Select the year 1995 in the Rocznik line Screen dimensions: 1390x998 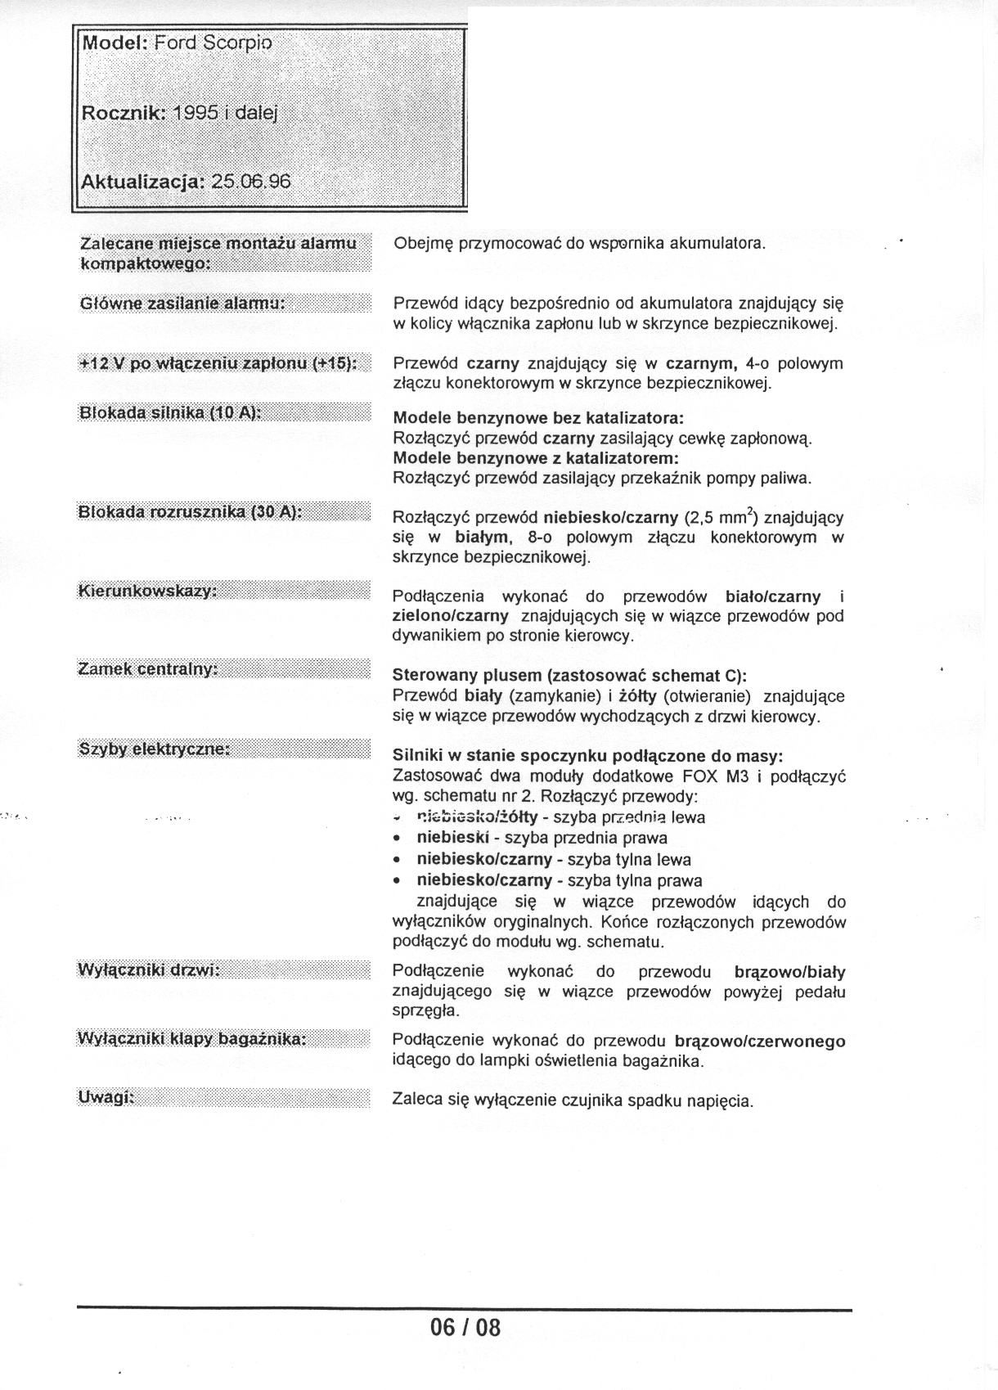click(194, 113)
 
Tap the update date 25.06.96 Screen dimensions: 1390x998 click(250, 181)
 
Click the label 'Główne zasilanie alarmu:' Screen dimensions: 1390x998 click(182, 304)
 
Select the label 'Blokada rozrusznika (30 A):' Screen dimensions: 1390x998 click(190, 512)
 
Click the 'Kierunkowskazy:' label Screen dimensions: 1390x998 click(147, 591)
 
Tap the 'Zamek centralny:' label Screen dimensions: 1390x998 click(147, 669)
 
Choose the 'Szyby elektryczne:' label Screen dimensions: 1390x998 click(154, 749)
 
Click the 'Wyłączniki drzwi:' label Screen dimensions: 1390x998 click(149, 970)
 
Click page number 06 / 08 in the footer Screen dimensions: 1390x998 click(465, 1326)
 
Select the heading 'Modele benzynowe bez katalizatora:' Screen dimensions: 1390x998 click(538, 418)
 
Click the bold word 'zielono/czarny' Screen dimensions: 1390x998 click(450, 616)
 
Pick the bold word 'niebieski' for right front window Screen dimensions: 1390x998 click(452, 838)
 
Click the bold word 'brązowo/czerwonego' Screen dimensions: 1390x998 click(760, 1041)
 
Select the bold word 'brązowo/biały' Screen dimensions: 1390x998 click(789, 973)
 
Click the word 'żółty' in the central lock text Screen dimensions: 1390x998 click(638, 696)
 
